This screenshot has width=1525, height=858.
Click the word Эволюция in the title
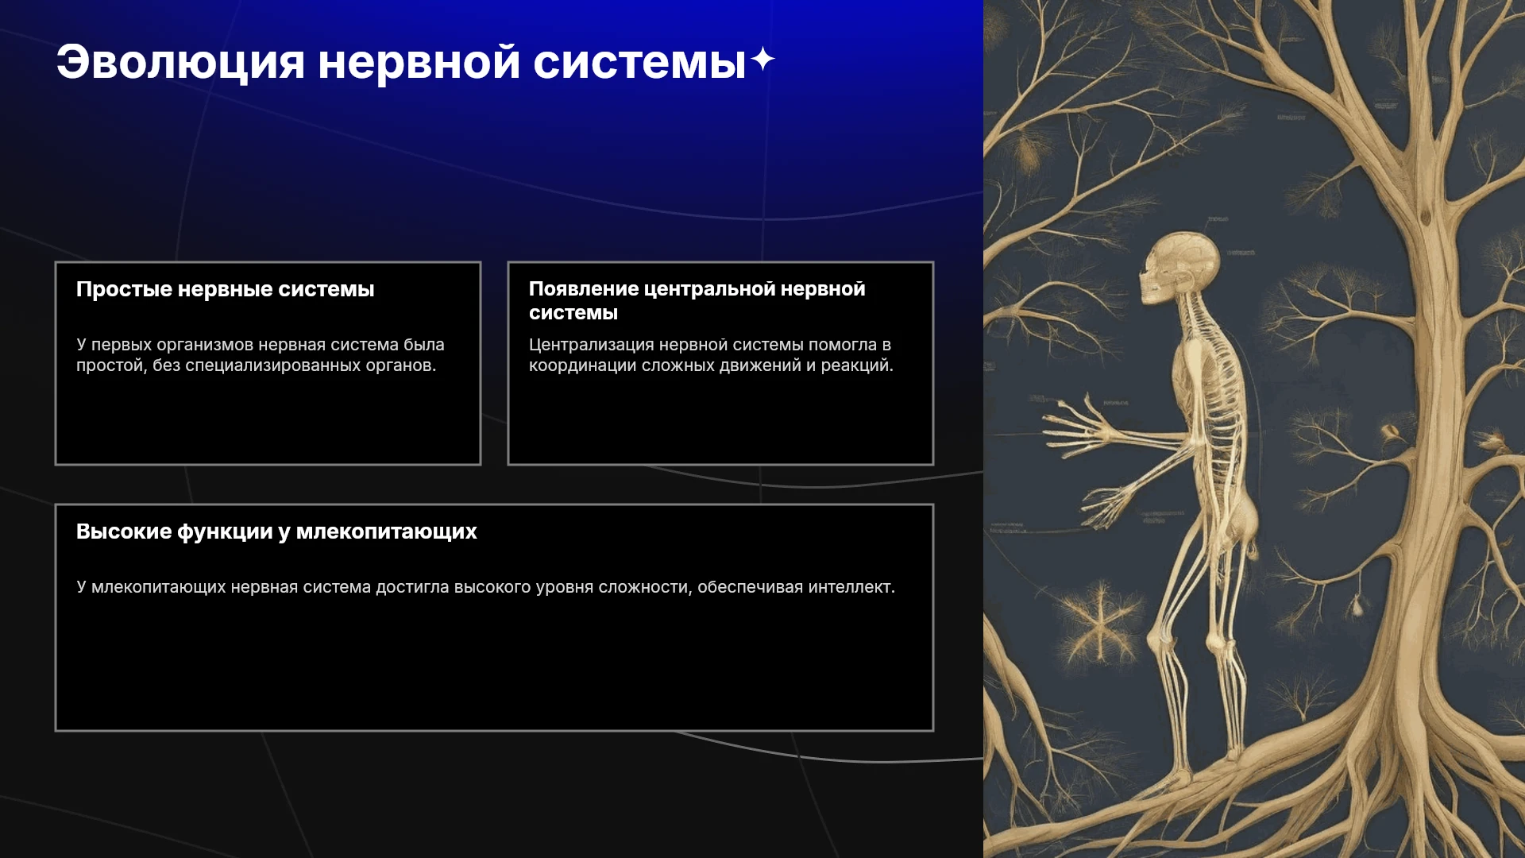click(x=180, y=62)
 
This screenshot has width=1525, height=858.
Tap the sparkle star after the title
click(x=762, y=59)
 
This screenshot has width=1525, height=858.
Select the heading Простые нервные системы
click(x=225, y=289)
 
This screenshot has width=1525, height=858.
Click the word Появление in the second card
click(x=584, y=289)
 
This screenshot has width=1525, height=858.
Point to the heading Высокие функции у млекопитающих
click(x=276, y=531)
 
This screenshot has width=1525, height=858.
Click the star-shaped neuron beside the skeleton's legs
click(x=1101, y=624)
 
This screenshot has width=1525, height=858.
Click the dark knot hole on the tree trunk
click(x=1427, y=215)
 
